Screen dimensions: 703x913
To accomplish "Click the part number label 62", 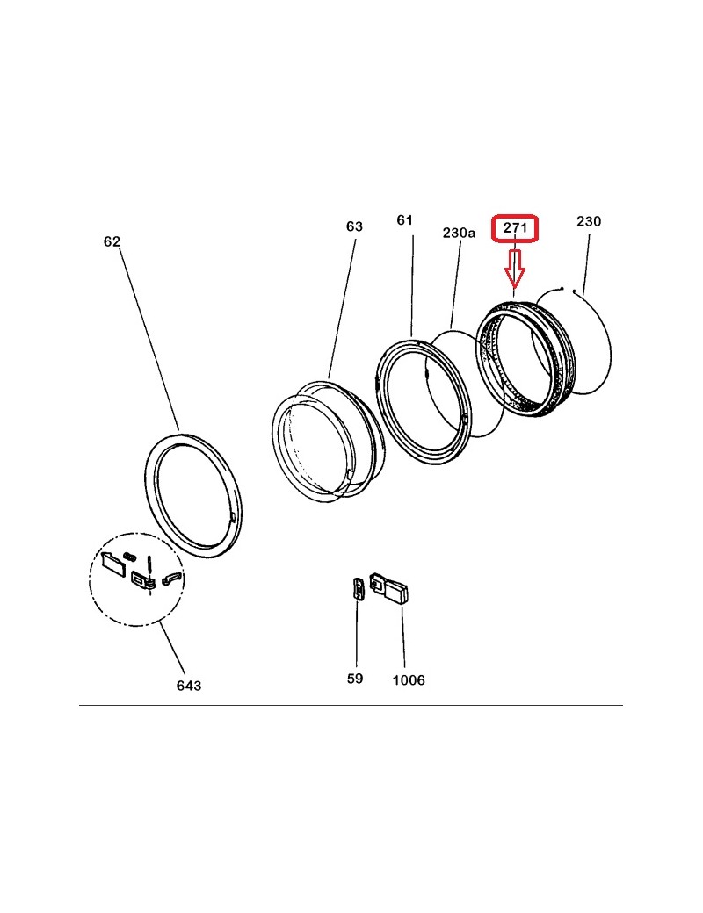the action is [x=112, y=241].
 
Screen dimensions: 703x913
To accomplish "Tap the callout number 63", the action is [x=354, y=226].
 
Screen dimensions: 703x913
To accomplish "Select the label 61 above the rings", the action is [x=404, y=219].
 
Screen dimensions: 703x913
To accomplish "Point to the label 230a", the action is [x=459, y=233].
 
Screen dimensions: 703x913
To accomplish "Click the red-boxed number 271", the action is [x=515, y=227].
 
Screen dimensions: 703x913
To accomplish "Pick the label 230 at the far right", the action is [x=589, y=221].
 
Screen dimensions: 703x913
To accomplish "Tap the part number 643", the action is [x=189, y=686].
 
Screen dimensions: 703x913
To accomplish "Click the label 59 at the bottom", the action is [x=355, y=679].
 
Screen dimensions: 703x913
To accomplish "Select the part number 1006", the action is [x=409, y=680].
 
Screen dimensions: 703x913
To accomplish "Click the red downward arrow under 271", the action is [x=515, y=269].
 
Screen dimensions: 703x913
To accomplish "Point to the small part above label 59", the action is [x=359, y=587].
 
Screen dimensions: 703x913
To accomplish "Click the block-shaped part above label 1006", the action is [x=389, y=588].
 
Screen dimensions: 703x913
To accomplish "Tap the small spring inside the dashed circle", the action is [x=129, y=556].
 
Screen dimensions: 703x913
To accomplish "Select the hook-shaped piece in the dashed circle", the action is [x=171, y=579].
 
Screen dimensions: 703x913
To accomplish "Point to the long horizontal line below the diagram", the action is [x=351, y=705].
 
